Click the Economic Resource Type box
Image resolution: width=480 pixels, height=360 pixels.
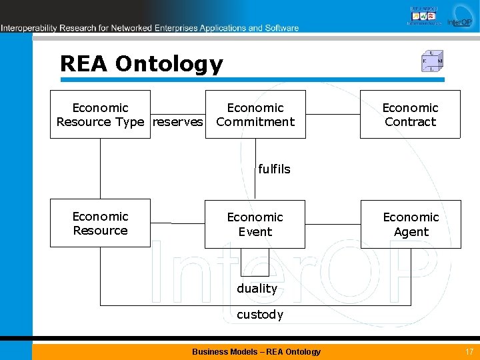coord(100,114)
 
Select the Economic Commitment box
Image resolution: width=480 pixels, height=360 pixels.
coord(255,114)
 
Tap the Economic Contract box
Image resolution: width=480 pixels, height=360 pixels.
coord(410,114)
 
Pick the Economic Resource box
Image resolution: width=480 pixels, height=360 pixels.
coord(100,223)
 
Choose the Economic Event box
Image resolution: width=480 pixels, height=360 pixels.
coord(255,224)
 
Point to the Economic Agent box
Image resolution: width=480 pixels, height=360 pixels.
coord(411,224)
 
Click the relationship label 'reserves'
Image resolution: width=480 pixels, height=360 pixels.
coord(178,122)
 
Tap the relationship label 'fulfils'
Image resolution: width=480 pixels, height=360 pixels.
coord(274,169)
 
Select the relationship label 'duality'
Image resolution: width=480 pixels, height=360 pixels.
coord(257,289)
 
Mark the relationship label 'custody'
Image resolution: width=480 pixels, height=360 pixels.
coord(260,315)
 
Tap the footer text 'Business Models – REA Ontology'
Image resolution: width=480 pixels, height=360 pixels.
coord(256,351)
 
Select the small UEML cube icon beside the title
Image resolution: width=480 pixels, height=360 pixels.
coord(432,61)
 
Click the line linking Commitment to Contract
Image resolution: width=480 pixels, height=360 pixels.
coord(333,114)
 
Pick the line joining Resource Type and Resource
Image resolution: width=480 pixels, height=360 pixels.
coord(101,169)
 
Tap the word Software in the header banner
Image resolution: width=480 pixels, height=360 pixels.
coord(282,28)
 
